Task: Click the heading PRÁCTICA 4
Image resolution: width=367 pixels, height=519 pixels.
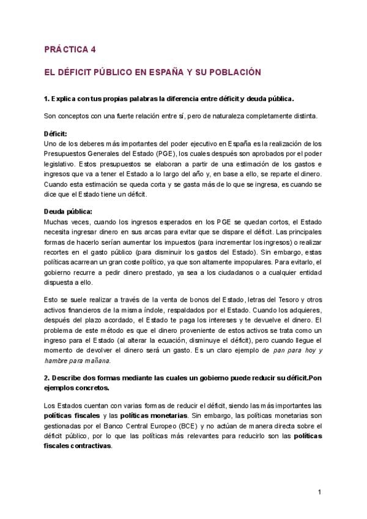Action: (x=70, y=50)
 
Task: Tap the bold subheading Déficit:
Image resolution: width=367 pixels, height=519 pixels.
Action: (x=56, y=133)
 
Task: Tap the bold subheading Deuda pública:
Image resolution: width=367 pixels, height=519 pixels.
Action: (x=67, y=211)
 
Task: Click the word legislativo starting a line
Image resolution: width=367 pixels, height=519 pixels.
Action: (x=61, y=164)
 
